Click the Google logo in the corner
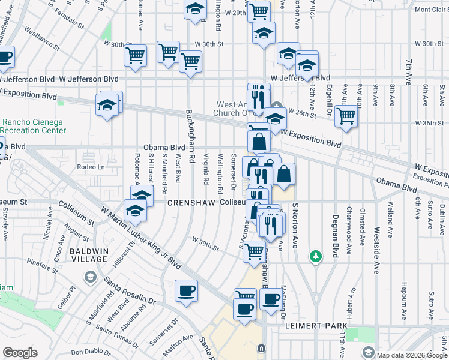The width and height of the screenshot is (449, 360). point(20,353)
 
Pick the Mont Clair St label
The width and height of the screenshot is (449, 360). point(429,10)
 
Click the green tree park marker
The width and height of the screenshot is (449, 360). point(315,257)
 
